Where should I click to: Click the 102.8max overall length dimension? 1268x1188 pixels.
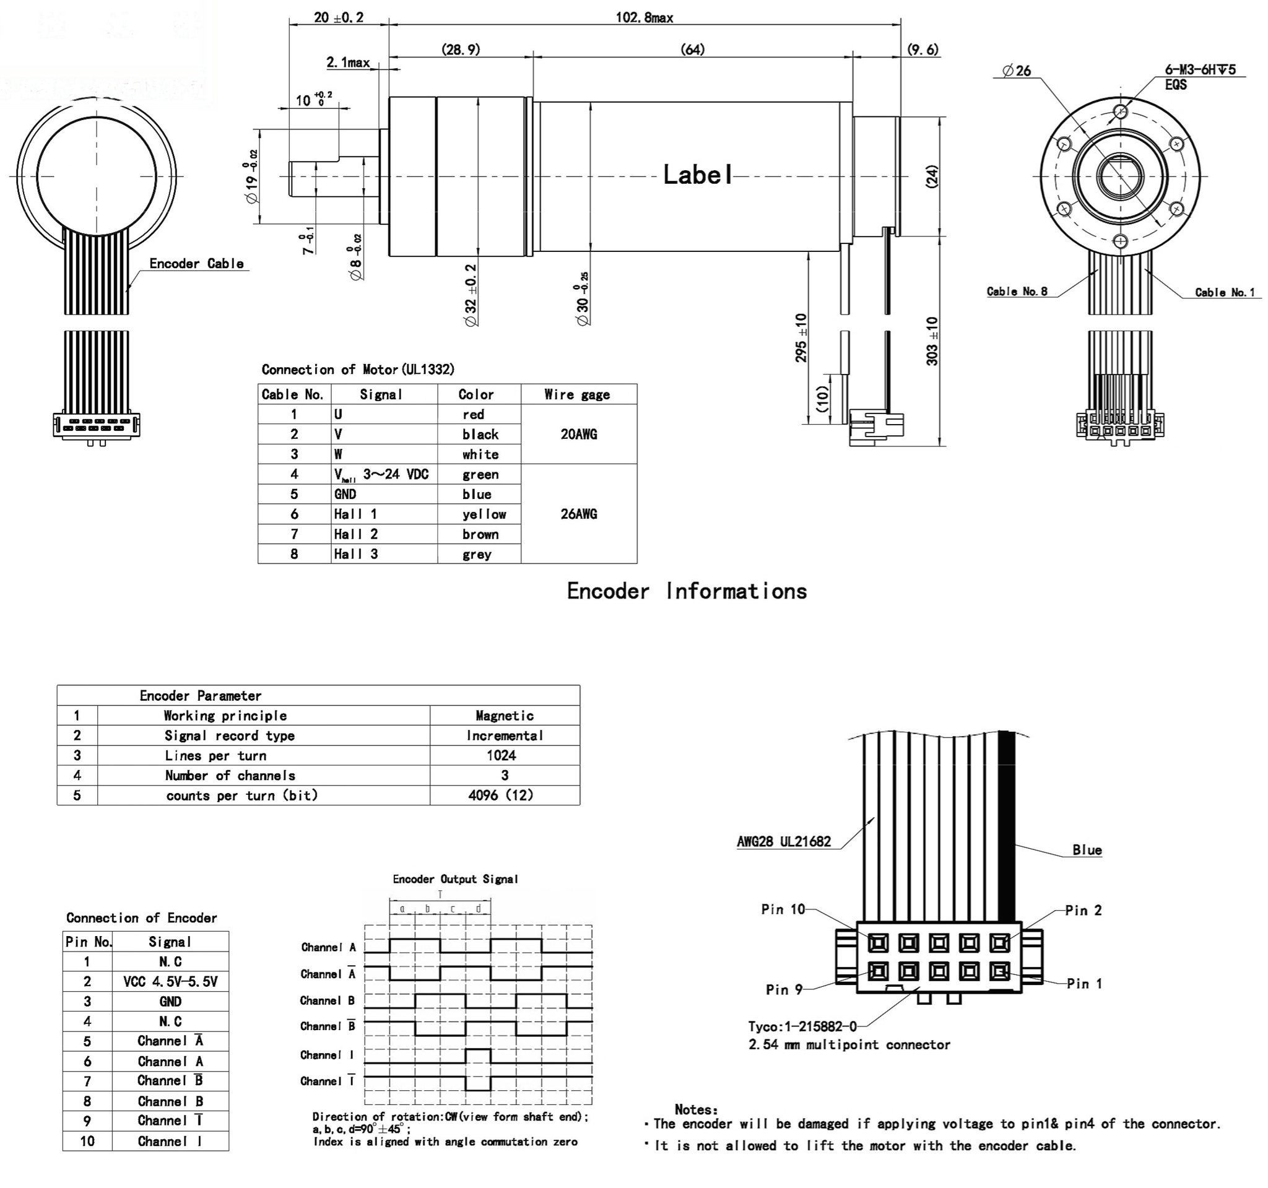(x=643, y=18)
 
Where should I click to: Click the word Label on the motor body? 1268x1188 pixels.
(x=698, y=175)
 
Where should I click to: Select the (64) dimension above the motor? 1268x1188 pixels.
(x=692, y=50)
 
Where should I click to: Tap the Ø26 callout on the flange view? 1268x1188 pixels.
(x=1016, y=71)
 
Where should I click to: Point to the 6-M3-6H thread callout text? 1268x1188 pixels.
(x=1200, y=70)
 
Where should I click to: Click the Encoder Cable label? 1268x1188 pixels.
(x=196, y=263)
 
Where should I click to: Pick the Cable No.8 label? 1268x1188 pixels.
(x=1017, y=292)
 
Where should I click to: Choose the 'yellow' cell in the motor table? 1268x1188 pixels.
(x=484, y=514)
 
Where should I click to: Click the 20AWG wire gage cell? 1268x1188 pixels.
(x=578, y=434)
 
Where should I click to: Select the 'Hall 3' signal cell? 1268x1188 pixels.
(x=356, y=554)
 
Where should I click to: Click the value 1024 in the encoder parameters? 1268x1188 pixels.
(x=502, y=756)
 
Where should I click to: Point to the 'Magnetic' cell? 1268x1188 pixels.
(x=504, y=716)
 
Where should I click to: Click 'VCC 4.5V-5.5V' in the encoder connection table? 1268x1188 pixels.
(x=170, y=981)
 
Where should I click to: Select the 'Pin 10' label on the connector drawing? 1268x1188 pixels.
(x=783, y=909)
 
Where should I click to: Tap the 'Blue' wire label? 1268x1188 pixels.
(x=1087, y=850)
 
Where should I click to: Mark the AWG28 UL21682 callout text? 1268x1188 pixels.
(x=783, y=841)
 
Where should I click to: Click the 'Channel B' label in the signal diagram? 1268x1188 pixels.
(x=327, y=1000)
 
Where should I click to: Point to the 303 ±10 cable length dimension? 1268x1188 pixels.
(x=932, y=341)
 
